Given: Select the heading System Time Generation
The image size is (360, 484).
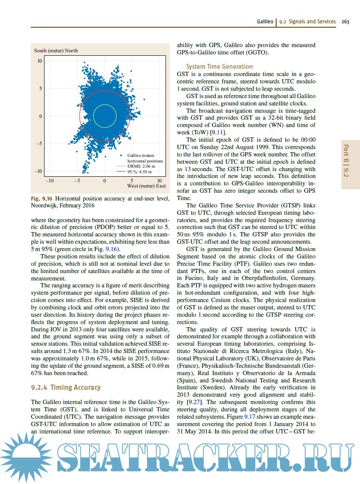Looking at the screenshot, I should click(219, 67).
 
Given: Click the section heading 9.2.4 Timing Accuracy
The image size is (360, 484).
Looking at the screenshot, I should click(66, 388).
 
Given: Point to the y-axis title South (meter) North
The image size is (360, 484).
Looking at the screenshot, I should click(56, 51).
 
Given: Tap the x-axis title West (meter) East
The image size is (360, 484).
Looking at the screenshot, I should click(147, 186).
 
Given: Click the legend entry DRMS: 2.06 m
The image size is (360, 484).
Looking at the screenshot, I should click(141, 166).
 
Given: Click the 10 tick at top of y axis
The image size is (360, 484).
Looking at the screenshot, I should click(39, 61).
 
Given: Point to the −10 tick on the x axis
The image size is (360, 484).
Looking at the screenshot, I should click(50, 180).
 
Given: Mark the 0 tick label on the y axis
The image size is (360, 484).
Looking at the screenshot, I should click(41, 116).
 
